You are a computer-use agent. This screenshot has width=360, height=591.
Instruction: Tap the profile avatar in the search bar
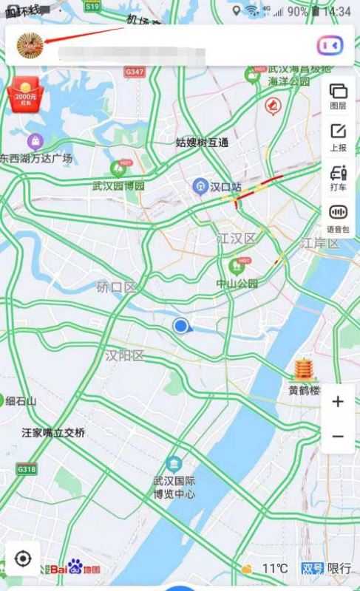pyautogui.click(x=30, y=45)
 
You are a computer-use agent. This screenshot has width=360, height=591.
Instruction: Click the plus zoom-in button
pyautogui.click(x=338, y=402)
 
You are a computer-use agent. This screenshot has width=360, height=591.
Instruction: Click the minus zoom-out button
pyautogui.click(x=338, y=437)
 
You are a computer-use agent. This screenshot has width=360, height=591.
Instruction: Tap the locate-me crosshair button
pyautogui.click(x=23, y=558)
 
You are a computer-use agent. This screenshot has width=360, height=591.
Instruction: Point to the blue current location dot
pyautogui.click(x=180, y=325)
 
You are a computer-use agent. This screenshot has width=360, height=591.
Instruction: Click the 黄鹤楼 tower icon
pyautogui.click(x=303, y=369)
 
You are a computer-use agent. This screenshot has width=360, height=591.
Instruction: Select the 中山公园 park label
pyautogui.click(x=237, y=284)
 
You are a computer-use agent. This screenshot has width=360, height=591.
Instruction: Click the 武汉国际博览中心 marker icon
pyautogui.click(x=174, y=465)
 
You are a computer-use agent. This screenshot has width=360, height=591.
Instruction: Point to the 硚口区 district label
pyautogui.click(x=117, y=287)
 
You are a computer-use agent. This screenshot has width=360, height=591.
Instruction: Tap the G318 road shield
pyautogui.click(x=27, y=469)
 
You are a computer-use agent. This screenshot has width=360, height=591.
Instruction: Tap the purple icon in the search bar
pyautogui.click(x=330, y=45)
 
